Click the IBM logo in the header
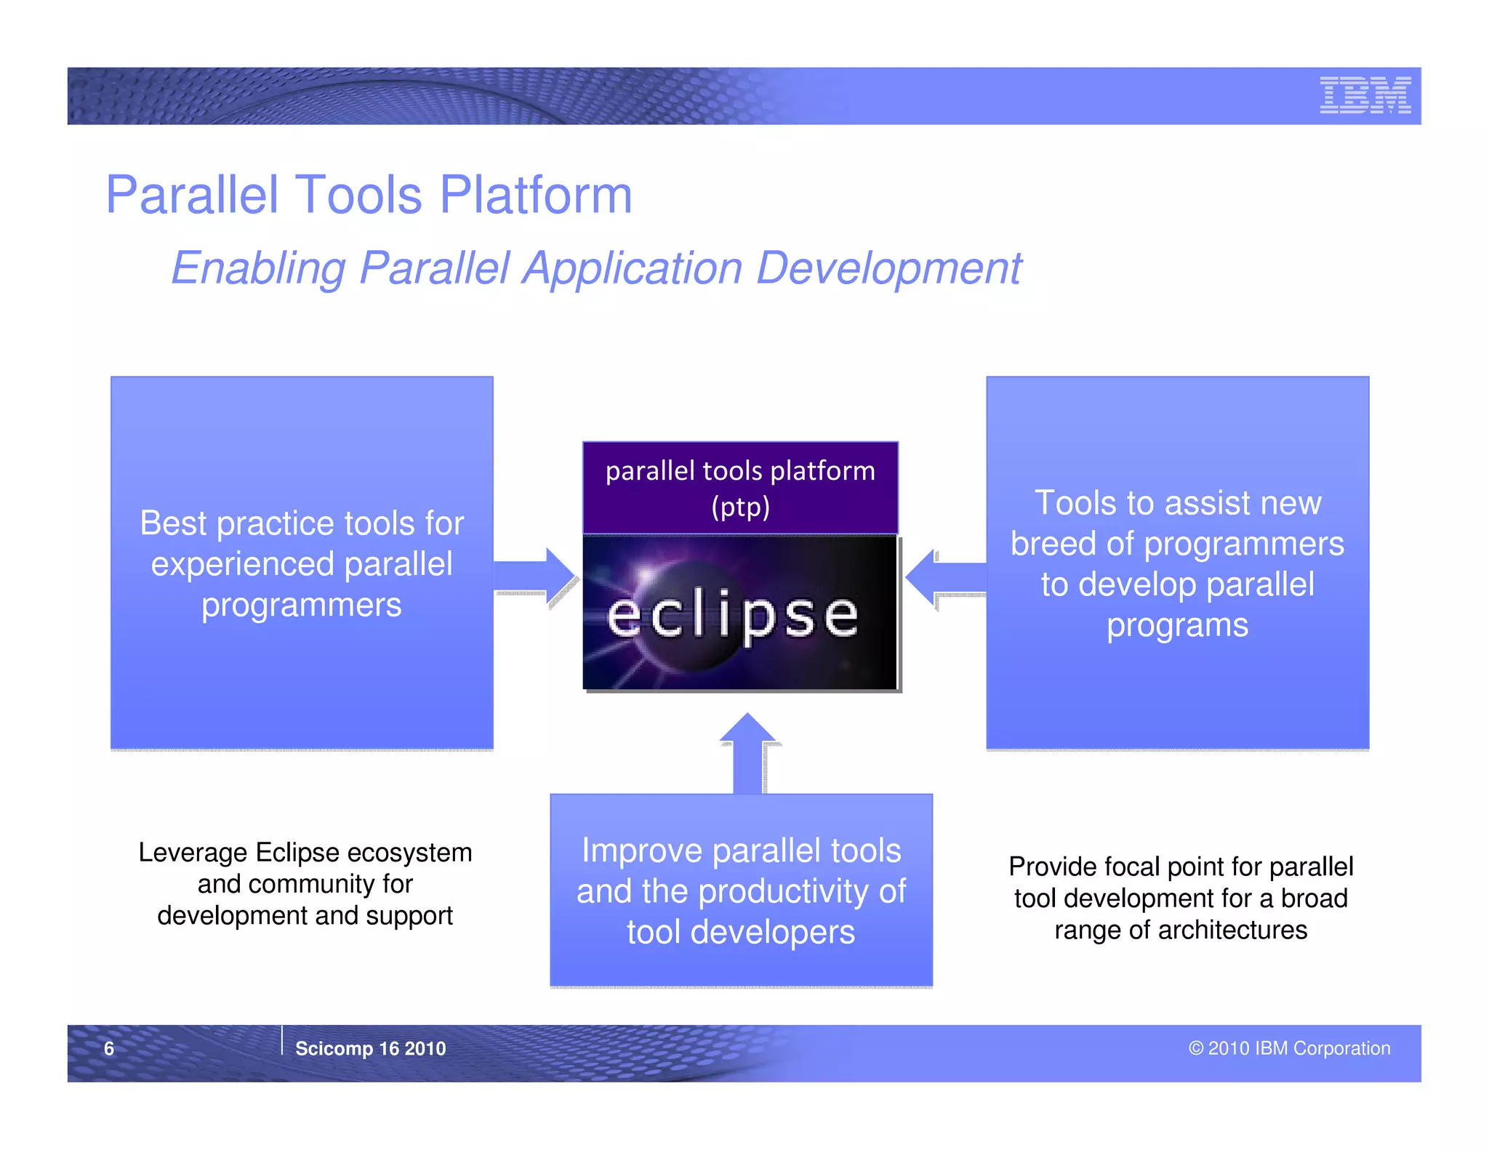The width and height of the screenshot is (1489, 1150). pos(1365,95)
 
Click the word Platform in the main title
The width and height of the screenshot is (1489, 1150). pos(536,195)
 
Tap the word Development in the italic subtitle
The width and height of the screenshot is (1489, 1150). pos(888,268)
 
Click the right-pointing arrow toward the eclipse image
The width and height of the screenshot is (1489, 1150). pos(536,576)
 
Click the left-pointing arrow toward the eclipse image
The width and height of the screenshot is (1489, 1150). pos(944,578)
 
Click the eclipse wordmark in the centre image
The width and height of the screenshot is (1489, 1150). pos(732,615)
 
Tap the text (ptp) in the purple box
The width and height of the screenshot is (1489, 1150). pos(740,507)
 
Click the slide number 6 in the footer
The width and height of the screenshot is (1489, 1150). pos(109,1048)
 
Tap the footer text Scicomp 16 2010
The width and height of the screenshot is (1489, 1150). pos(370,1048)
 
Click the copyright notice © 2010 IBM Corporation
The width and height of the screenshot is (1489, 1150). pos(1289,1048)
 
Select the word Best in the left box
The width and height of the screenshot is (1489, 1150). pos(173,523)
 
